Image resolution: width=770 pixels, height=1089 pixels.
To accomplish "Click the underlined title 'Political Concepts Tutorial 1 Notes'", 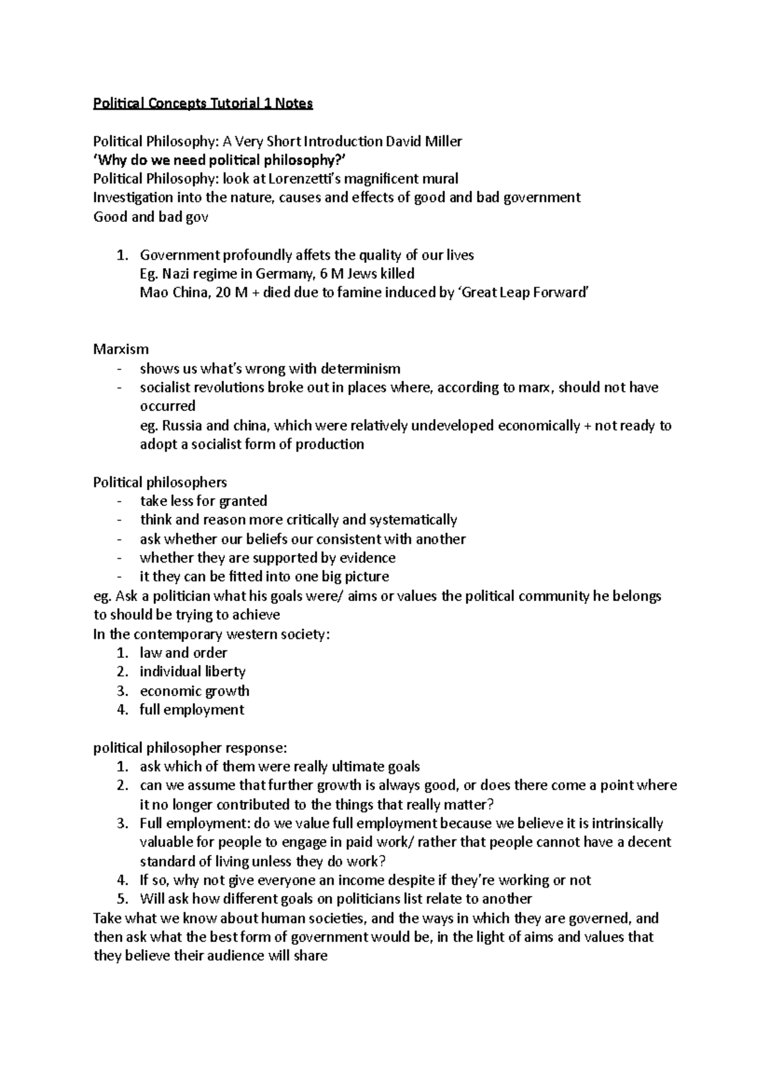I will pyautogui.click(x=203, y=103).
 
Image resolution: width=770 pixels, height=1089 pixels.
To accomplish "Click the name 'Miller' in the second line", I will pyautogui.click(x=441, y=141).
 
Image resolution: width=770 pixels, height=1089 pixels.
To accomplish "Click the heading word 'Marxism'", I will pyautogui.click(x=121, y=350).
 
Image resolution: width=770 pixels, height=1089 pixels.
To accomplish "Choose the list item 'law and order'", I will pyautogui.click(x=184, y=653).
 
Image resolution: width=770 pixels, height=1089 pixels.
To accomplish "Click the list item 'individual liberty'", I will pyautogui.click(x=193, y=671).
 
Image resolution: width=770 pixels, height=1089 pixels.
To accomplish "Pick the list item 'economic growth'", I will pyautogui.click(x=194, y=691).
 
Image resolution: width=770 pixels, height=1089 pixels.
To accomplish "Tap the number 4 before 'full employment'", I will pyautogui.click(x=121, y=710).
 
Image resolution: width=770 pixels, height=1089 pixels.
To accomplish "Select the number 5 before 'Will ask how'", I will pyautogui.click(x=121, y=899).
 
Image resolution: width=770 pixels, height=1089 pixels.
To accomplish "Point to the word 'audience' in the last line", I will pyautogui.click(x=227, y=956).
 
